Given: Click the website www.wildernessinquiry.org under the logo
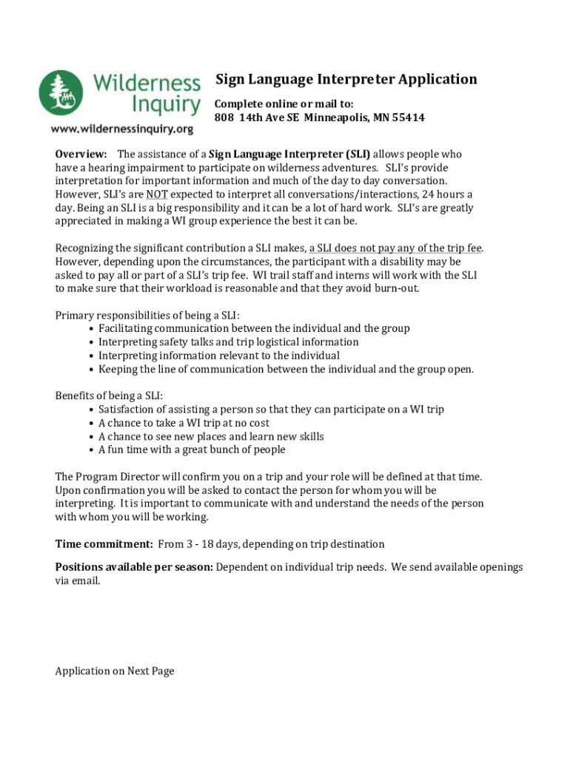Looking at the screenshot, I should pos(121,128).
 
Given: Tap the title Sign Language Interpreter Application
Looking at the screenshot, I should pos(346,79).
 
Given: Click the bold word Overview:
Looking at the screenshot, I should pos(82,155).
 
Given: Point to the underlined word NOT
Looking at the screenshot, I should pos(156,194).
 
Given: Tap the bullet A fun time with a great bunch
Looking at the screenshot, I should pos(191,449).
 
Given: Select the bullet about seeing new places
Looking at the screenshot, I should pos(210,436).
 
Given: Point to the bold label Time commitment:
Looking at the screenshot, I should pos(104,544).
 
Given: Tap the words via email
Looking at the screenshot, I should pos(77,581).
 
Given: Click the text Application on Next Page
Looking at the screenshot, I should pos(115,671).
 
